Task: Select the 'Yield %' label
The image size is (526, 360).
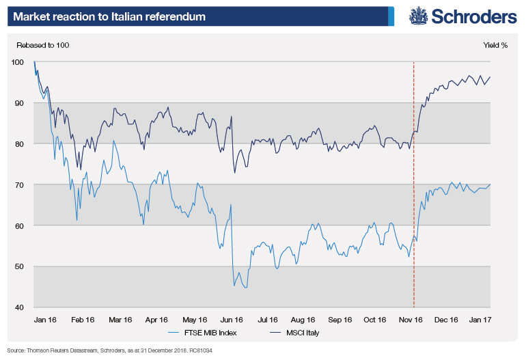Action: pos(495,46)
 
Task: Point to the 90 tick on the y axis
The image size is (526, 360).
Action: pos(19,103)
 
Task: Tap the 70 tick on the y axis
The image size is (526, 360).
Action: pos(19,185)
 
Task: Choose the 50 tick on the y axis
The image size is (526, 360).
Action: pos(19,267)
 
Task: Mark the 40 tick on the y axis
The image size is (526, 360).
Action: pos(19,307)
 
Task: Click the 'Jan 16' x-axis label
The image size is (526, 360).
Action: pos(45,319)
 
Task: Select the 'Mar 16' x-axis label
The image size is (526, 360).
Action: pos(120,319)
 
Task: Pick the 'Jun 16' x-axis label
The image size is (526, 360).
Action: pos(232,319)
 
